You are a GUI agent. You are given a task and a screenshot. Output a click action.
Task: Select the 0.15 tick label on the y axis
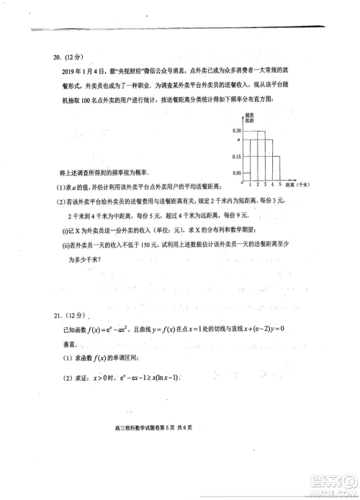point(237,157)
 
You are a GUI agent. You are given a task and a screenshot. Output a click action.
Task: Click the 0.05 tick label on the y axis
point(237,173)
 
